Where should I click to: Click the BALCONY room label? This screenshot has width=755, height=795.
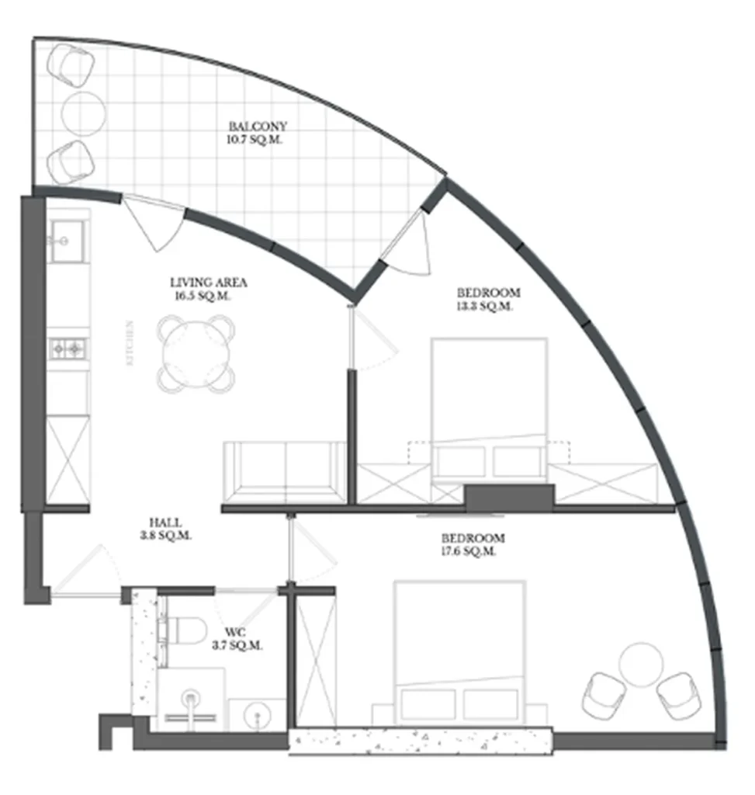[x=247, y=126]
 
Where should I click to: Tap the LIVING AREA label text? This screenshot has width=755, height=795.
[x=208, y=283]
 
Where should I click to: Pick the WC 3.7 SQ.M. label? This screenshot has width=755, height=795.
[x=237, y=639]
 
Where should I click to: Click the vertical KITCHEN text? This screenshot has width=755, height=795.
[x=130, y=342]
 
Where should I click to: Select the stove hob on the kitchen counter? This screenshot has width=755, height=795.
[x=68, y=349]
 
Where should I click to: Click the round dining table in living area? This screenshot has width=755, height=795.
[x=197, y=353]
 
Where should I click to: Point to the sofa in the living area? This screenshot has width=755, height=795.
[x=284, y=474]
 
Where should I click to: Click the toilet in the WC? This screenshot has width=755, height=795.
[x=184, y=630]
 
